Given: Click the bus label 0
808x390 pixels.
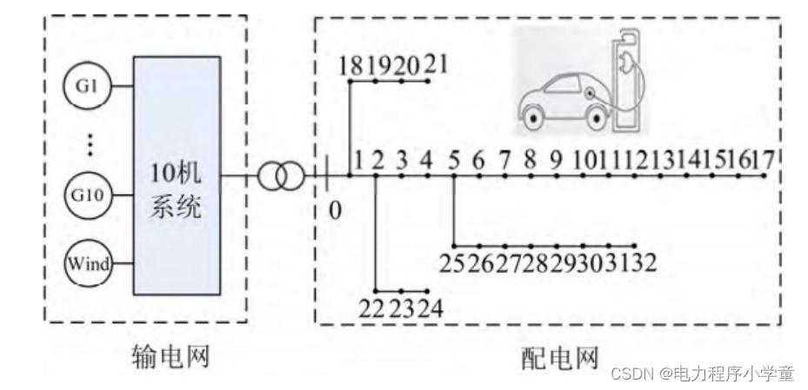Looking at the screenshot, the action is pos(335,208).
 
